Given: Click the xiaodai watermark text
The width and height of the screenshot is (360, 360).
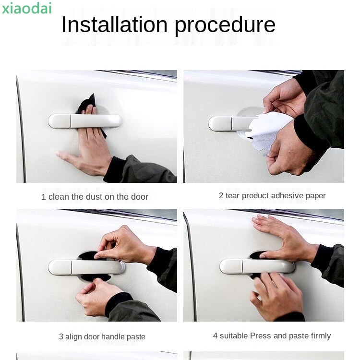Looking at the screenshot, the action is (26, 8).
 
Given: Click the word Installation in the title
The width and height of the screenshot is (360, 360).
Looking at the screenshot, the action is (115, 24).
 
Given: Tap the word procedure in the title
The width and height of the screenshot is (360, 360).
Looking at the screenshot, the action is (225, 26).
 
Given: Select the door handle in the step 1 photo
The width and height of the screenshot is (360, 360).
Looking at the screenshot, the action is (84, 121).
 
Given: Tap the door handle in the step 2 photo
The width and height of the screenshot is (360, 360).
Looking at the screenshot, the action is (229, 123).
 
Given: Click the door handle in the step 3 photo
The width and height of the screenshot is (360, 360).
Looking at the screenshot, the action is (86, 267).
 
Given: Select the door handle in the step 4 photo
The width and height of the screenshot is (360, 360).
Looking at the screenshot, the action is (257, 266).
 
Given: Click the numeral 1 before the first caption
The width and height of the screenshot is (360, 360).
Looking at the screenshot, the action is (43, 197).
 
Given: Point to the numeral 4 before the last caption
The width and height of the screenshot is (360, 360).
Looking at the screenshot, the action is (215, 336).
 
